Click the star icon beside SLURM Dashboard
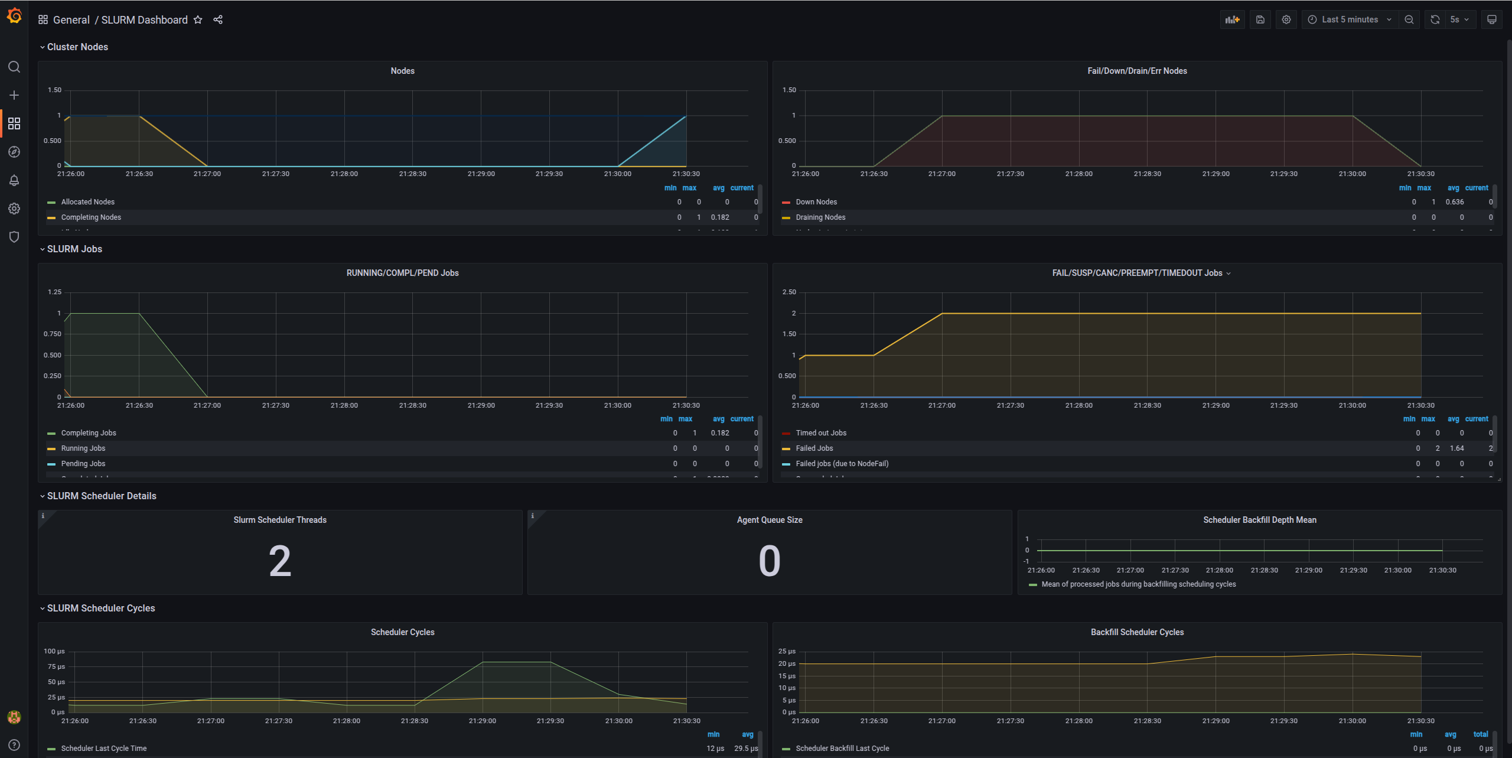pyautogui.click(x=198, y=19)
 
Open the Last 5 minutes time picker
pyautogui.click(x=1350, y=19)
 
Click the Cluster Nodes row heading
pyautogui.click(x=77, y=47)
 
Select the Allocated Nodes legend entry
pyautogui.click(x=87, y=202)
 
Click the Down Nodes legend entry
pyautogui.click(x=816, y=202)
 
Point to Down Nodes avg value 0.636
pyautogui.click(x=1454, y=202)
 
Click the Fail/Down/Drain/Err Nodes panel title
pyautogui.click(x=1136, y=71)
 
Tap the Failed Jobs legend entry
pyautogui.click(x=814, y=448)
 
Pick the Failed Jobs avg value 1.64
pyautogui.click(x=1456, y=448)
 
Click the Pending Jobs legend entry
pyautogui.click(x=83, y=464)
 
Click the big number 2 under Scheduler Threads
pyautogui.click(x=280, y=561)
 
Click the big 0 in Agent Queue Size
pyautogui.click(x=769, y=561)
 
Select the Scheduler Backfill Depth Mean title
pyautogui.click(x=1259, y=520)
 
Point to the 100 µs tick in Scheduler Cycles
pyautogui.click(x=54, y=651)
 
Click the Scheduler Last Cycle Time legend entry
pyautogui.click(x=103, y=749)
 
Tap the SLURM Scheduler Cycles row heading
pyautogui.click(x=100, y=608)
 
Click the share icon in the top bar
pyautogui.click(x=218, y=19)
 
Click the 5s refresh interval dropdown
pyautogui.click(x=1459, y=19)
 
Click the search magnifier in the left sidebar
pyautogui.click(x=14, y=67)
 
